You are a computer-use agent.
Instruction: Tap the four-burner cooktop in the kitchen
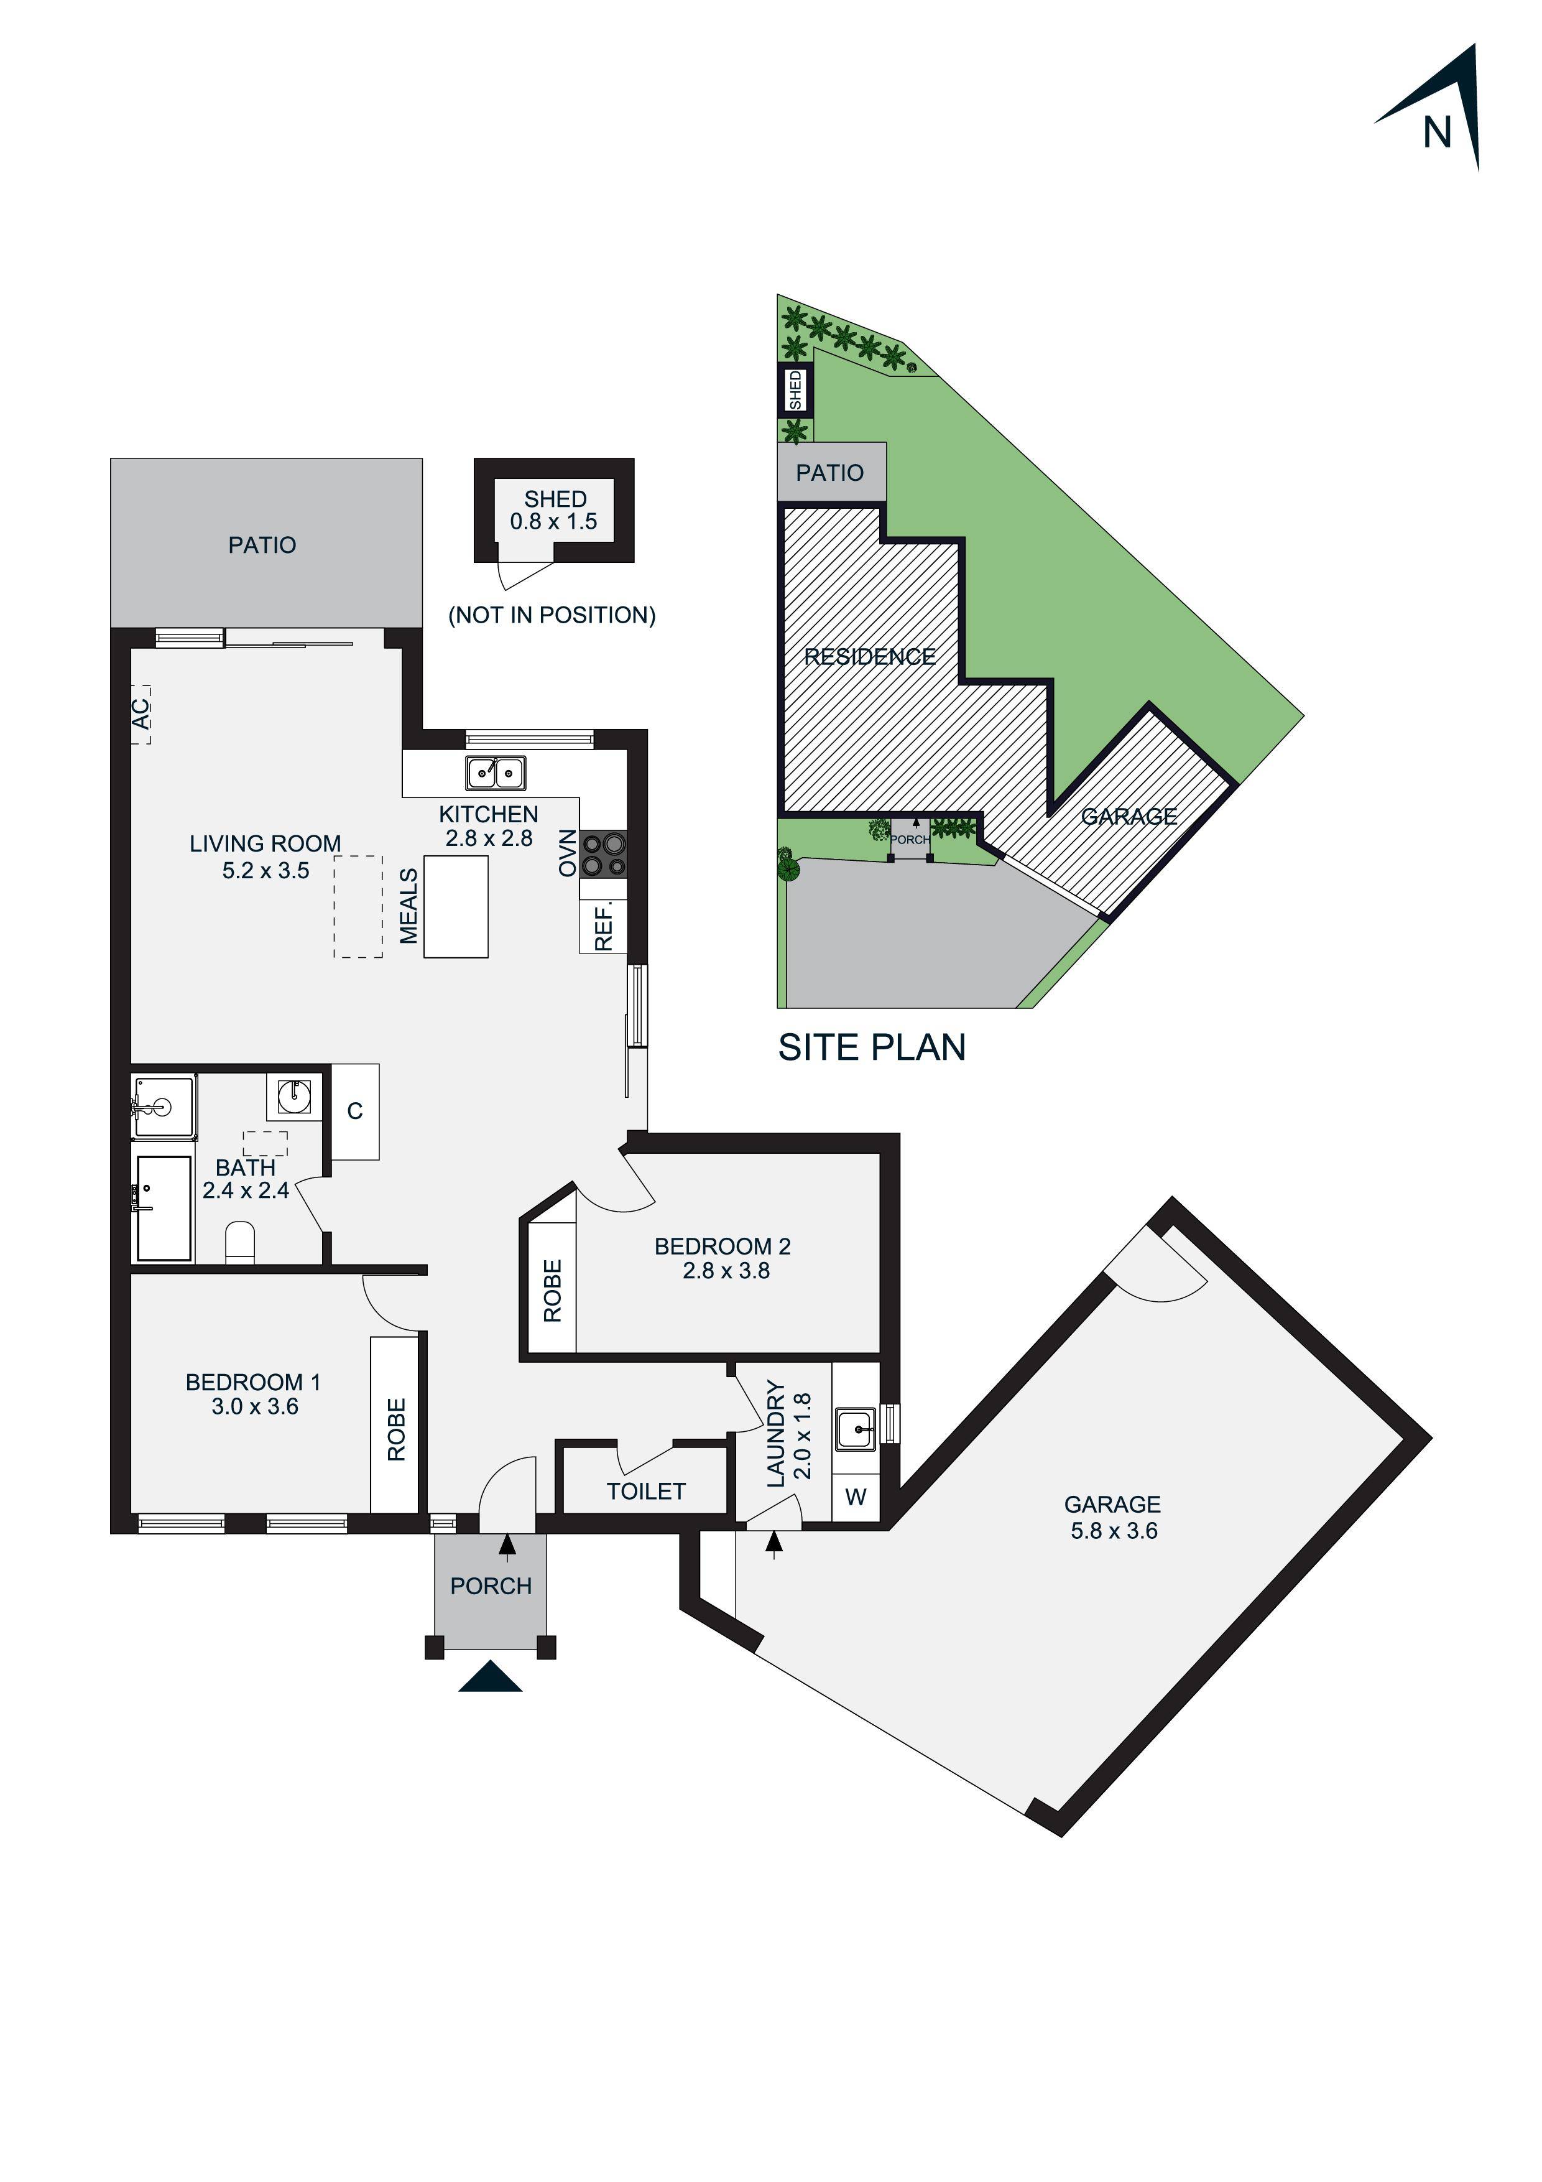coord(603,853)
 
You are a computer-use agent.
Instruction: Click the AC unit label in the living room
coord(141,713)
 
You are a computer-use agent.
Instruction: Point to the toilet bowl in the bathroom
coord(241,1242)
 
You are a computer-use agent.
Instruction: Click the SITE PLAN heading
coord(871,1047)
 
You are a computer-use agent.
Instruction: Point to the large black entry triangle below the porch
coord(490,1678)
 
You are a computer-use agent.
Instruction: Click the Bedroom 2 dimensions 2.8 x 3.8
coord(726,1271)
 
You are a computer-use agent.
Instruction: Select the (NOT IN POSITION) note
coord(552,615)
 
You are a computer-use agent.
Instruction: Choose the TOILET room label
coord(646,1491)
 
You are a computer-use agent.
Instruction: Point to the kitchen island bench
coord(456,906)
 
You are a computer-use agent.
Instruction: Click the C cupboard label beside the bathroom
coord(354,1111)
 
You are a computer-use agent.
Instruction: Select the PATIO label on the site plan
coord(829,472)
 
